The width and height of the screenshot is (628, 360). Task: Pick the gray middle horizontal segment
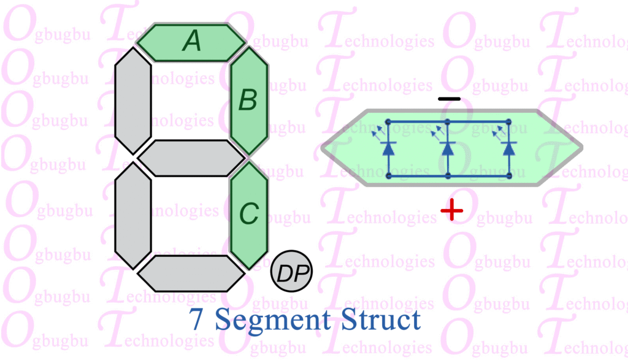pyautogui.click(x=191, y=158)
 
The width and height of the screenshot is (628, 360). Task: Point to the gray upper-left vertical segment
pyautogui.click(x=133, y=101)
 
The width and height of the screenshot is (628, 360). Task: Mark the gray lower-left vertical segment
pyautogui.click(x=133, y=215)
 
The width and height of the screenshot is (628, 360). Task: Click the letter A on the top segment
pyautogui.click(x=192, y=42)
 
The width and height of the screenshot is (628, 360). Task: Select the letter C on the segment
pyautogui.click(x=248, y=214)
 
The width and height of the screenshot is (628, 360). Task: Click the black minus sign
pyautogui.click(x=449, y=99)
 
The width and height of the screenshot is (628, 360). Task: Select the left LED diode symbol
pyautogui.click(x=388, y=148)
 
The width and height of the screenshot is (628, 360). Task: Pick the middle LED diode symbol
pyautogui.click(x=448, y=148)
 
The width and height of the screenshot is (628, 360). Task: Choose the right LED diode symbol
pyautogui.click(x=508, y=148)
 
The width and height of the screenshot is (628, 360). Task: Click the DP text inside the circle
pyautogui.click(x=291, y=272)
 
